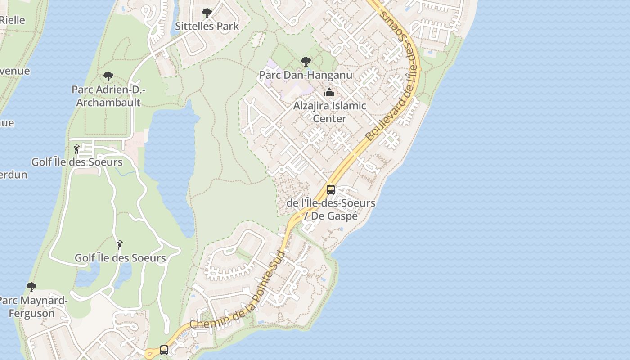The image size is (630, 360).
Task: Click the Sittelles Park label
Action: [207, 26]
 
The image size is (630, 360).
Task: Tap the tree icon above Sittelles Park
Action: [207, 13]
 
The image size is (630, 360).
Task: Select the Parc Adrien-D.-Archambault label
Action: [108, 96]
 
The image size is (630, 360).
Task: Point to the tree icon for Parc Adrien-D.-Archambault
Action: [108, 76]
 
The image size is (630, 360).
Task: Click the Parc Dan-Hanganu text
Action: [306, 75]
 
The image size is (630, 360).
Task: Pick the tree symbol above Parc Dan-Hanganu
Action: [306, 62]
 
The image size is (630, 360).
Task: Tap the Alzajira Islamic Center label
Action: [329, 112]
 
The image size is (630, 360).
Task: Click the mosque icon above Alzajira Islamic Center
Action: [329, 93]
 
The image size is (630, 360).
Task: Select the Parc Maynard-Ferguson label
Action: [32, 307]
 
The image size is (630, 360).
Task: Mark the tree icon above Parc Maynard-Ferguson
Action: [31, 287]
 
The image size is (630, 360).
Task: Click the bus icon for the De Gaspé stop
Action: [331, 190]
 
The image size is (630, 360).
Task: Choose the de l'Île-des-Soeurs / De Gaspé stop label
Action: [331, 209]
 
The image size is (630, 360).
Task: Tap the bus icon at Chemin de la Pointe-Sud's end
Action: [164, 350]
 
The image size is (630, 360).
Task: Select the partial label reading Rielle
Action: [12, 20]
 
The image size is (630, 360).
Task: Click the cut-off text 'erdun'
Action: [13, 175]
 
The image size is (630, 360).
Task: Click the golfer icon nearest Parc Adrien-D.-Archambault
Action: [77, 148]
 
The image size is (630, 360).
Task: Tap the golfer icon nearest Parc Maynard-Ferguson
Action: [120, 245]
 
